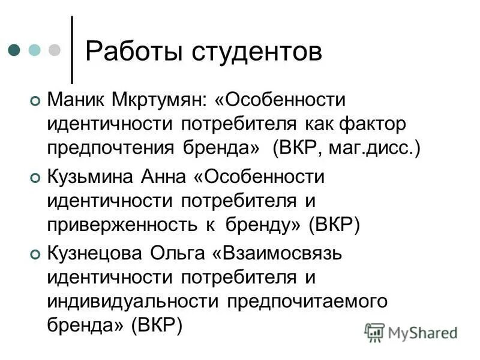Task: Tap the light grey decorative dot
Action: (55, 50)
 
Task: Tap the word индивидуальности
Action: (131, 301)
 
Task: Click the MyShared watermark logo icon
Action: (375, 332)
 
